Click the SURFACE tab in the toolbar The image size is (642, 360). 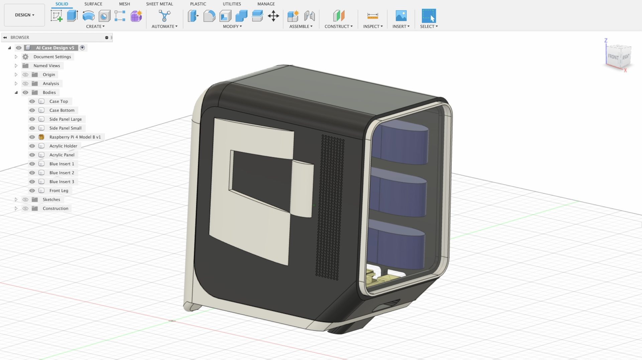93,4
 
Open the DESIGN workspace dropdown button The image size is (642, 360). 24,15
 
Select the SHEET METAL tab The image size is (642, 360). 159,4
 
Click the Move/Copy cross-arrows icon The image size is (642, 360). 273,16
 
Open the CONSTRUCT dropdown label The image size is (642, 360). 338,26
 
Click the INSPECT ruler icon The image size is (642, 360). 372,16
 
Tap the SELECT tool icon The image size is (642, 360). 429,16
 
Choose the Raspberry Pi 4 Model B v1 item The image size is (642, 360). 75,137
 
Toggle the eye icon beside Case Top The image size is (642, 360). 32,101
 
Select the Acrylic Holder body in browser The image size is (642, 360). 63,146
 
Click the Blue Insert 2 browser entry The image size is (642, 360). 62,173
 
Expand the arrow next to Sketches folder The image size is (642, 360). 16,200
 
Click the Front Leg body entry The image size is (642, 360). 59,191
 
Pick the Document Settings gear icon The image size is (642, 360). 25,57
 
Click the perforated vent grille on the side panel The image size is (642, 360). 330,207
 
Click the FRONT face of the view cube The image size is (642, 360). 613,57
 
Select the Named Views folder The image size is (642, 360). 46,66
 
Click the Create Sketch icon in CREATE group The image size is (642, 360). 57,16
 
